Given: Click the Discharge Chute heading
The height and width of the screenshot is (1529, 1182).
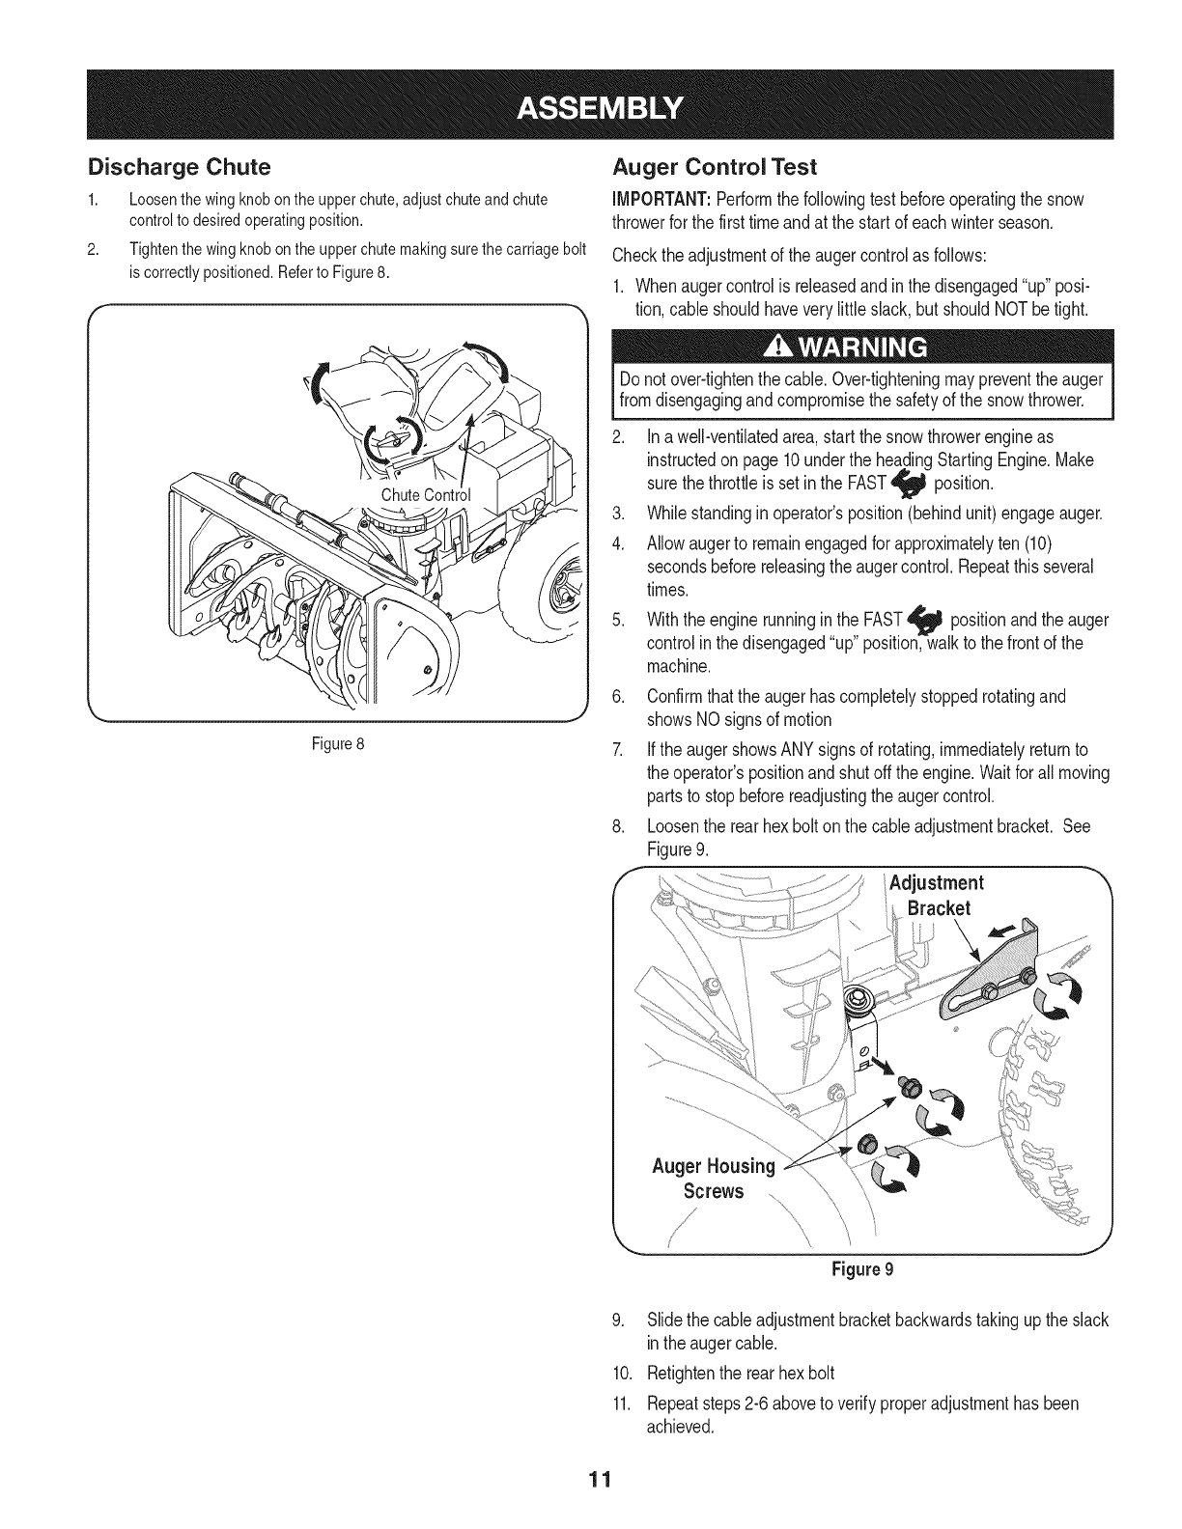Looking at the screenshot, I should pos(179,167).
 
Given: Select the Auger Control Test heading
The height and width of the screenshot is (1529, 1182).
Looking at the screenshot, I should pos(715,167).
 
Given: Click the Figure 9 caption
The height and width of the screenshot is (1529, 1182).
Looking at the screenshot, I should pos(862,1269).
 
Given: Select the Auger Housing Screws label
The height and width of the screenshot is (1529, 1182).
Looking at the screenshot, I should pos(714,1179).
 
